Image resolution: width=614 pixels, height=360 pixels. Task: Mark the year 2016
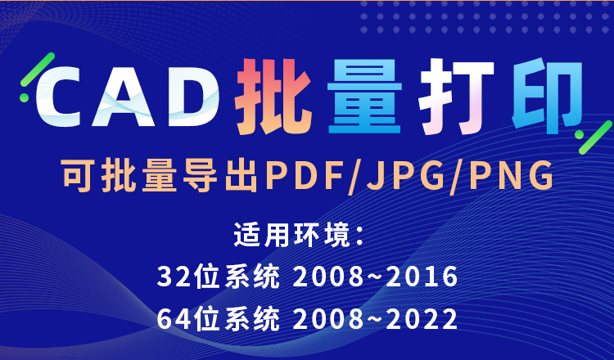pyautogui.click(x=421, y=277)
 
